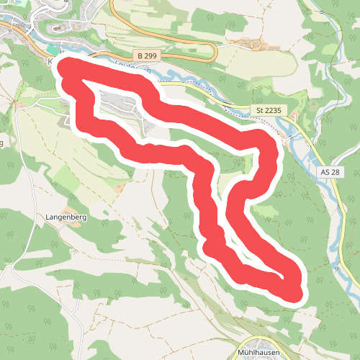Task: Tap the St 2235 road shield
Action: tap(270, 110)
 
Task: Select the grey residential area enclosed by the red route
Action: tap(119, 104)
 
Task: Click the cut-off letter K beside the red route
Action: tap(50, 62)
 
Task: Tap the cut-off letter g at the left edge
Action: tap(1, 143)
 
